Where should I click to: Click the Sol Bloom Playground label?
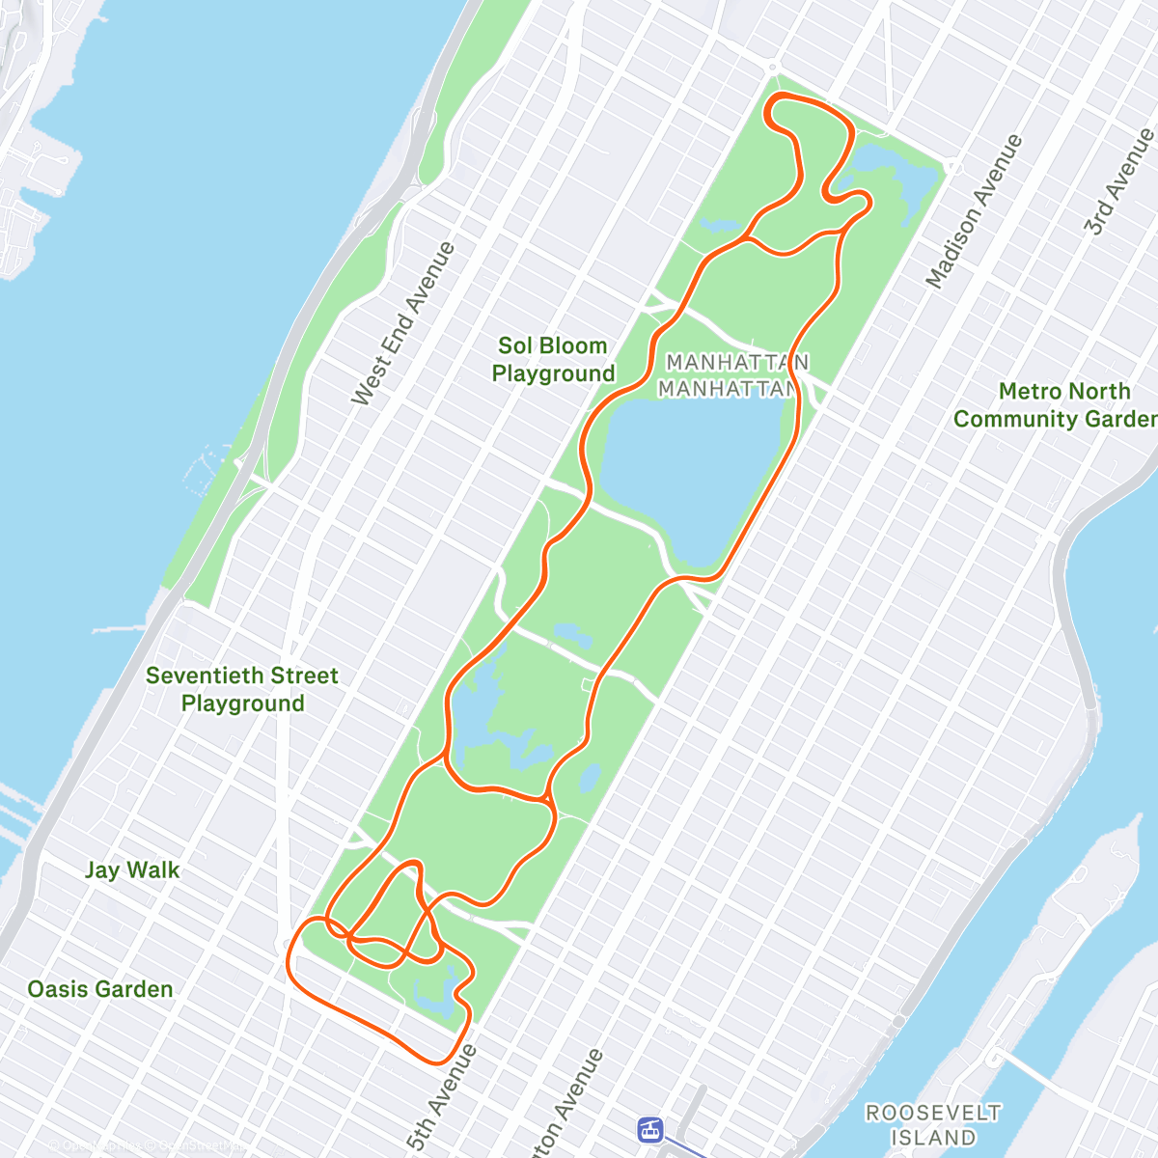tap(553, 360)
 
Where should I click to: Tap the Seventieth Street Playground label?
tap(242, 689)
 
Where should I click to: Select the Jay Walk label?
tap(132, 870)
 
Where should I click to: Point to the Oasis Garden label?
tap(100, 989)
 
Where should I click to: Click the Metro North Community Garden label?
tap(1057, 405)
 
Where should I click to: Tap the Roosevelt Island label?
tap(932, 1125)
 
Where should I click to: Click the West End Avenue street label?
tap(403, 323)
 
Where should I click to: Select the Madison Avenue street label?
tap(974, 211)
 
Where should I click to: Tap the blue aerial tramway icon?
tap(651, 1129)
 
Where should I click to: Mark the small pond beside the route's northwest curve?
tap(719, 226)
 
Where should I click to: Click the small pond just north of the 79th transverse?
tap(573, 634)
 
